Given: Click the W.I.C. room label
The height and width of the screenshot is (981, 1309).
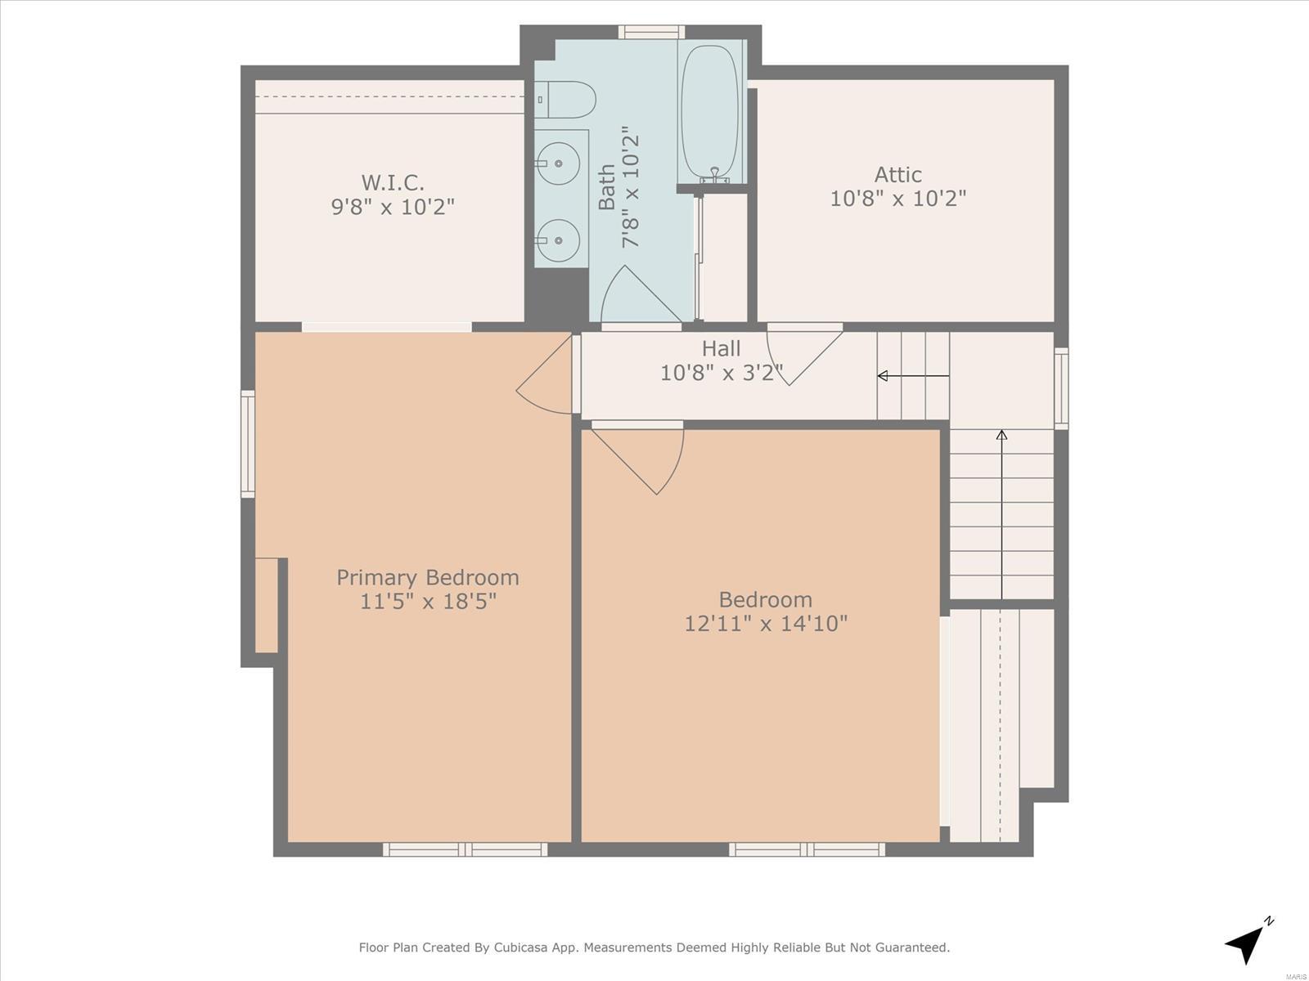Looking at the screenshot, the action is [393, 181].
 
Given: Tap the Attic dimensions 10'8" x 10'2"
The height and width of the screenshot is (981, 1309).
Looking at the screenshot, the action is [897, 198].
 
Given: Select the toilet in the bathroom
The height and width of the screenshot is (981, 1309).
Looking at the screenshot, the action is [565, 100].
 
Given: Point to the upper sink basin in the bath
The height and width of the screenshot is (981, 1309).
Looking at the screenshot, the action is [558, 163].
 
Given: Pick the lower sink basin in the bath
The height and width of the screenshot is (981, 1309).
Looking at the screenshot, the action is [558, 240].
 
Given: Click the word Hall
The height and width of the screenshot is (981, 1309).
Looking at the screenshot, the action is [721, 348].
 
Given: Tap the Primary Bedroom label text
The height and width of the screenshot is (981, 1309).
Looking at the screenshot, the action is [428, 577].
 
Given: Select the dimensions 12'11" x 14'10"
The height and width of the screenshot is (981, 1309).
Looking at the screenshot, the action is [765, 624].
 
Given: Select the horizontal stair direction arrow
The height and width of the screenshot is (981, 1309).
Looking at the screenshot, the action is [913, 376].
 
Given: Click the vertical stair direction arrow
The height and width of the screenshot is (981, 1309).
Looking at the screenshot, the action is [1002, 514].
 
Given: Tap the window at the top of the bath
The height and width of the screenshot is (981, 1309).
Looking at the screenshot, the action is [651, 32].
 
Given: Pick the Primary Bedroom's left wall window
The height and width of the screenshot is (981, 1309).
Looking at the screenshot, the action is [248, 444].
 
